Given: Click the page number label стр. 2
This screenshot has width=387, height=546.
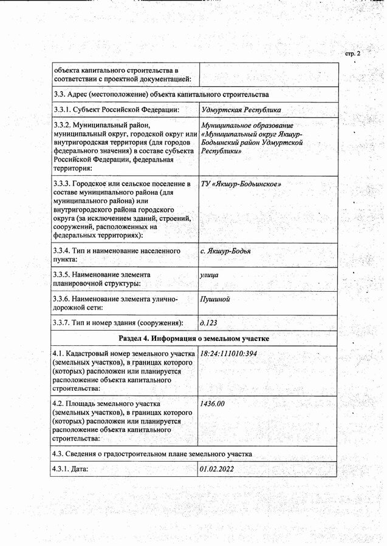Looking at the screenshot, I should tap(352, 54).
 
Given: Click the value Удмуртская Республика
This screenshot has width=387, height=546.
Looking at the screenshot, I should tap(241, 110).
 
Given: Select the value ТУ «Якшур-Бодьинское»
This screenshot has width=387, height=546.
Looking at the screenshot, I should tap(241, 183).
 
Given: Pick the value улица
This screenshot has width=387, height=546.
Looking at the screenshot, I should tap(210, 275).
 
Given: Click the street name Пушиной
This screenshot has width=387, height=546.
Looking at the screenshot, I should tap(216, 299).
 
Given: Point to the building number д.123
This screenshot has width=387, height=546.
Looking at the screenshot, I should tap(209, 323).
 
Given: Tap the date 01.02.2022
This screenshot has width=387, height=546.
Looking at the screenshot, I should tap(217, 469).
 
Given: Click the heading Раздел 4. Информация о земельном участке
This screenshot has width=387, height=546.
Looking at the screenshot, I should tap(194, 338).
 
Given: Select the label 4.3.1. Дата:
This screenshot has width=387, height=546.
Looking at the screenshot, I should tap(72, 469).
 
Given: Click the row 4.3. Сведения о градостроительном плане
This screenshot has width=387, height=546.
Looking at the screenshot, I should tap(152, 454).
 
